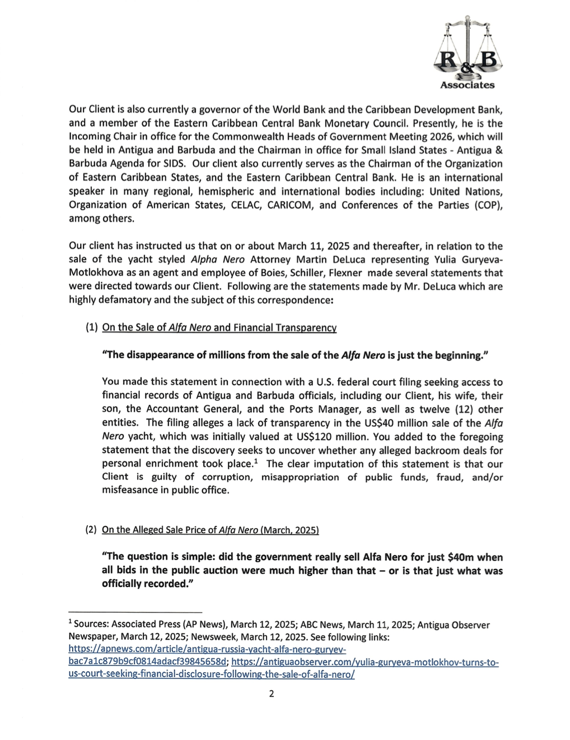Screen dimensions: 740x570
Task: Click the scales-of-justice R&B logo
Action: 468,50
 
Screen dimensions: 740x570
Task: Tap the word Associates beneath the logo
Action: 468,85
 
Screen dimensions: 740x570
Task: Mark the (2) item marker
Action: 91,530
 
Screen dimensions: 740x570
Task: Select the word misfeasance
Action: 128,491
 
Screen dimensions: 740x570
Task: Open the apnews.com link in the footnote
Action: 207,649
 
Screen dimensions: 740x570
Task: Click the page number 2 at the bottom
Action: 272,694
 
